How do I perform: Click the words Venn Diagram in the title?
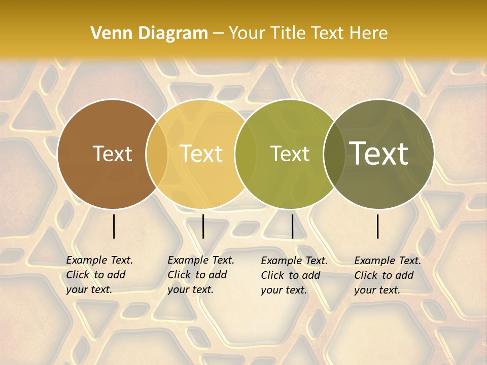point(149,33)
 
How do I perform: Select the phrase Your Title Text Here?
point(308,33)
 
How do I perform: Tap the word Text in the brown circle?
point(112,154)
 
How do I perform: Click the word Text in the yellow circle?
point(201,154)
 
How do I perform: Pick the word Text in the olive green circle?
point(290,154)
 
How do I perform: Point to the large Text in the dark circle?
point(379,153)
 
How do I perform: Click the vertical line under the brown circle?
point(114,226)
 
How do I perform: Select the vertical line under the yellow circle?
point(203,226)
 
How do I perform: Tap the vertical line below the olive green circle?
point(292,226)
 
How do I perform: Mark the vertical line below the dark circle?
point(378,226)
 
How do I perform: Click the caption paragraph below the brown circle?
point(99,275)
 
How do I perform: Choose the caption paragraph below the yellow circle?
point(201,275)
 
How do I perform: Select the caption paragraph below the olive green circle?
point(294,275)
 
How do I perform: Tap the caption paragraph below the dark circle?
point(388,275)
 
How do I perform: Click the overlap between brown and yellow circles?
point(157,154)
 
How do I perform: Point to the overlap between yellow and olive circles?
point(246,154)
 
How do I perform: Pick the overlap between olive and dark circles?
point(334,154)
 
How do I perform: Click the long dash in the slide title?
point(218,33)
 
